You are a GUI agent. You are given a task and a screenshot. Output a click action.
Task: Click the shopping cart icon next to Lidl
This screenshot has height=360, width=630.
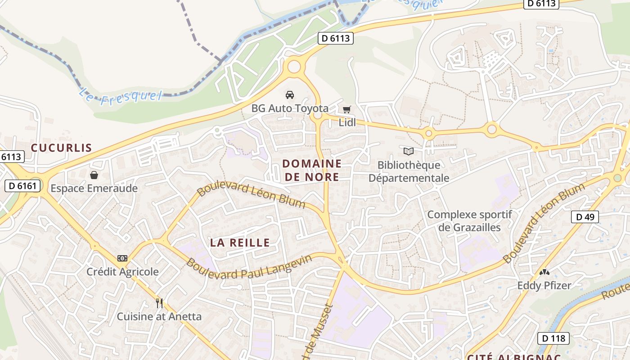(x=346, y=109)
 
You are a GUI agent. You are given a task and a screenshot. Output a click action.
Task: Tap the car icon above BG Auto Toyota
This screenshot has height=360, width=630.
(x=290, y=94)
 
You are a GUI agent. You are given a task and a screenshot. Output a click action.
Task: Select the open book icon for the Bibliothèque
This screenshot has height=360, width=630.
(x=408, y=151)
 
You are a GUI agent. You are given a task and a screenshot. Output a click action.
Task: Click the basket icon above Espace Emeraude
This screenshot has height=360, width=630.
(x=94, y=175)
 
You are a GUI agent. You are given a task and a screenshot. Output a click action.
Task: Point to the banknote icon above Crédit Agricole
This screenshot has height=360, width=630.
(x=122, y=258)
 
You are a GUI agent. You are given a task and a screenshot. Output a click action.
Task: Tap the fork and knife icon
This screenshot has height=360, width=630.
(x=159, y=303)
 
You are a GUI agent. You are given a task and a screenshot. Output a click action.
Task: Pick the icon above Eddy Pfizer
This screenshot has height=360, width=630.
(x=544, y=272)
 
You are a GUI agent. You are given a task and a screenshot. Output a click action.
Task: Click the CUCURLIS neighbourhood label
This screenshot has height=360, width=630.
(x=61, y=148)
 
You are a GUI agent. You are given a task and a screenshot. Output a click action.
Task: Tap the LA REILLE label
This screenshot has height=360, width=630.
(x=240, y=243)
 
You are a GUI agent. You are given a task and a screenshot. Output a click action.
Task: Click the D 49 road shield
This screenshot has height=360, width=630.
(x=585, y=217)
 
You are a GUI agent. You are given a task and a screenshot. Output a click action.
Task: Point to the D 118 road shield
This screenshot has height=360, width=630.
(x=553, y=338)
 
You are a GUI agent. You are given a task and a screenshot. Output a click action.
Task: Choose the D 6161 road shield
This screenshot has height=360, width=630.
(x=22, y=185)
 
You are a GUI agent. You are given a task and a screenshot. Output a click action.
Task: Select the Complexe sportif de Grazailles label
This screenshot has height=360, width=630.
(x=469, y=220)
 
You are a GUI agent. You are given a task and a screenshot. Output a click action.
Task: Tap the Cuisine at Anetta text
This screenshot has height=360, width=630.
(x=159, y=316)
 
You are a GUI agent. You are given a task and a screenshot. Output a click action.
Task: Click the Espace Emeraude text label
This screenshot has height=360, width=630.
(x=94, y=188)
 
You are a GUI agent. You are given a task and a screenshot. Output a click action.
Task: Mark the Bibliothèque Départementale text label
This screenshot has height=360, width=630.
(x=409, y=171)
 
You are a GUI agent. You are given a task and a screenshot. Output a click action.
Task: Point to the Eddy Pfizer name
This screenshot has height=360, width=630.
(x=544, y=285)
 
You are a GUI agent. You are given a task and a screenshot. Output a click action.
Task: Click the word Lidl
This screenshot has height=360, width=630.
(x=347, y=122)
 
